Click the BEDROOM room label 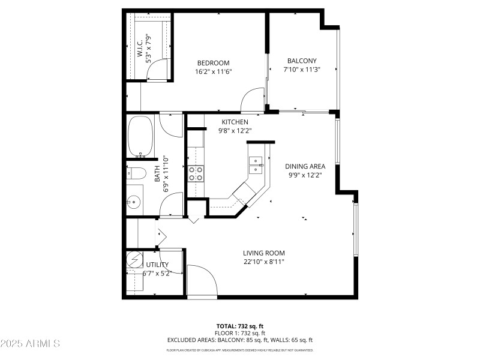(213, 63)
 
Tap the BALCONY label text (301, 61)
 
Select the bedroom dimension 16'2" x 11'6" (213, 72)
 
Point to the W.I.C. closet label (139, 49)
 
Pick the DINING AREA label (305, 166)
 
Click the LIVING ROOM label (263, 253)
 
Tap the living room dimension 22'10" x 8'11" (263, 262)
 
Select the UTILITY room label (157, 265)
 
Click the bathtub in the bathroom (140, 136)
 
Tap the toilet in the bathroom (137, 174)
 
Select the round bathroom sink (134, 202)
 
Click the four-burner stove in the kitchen (196, 174)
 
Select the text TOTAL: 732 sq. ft (239, 325)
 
